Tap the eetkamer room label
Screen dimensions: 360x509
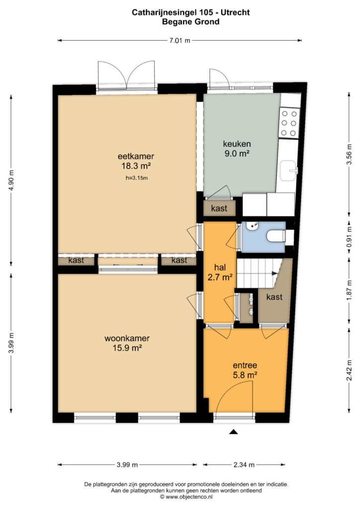tap(136, 156)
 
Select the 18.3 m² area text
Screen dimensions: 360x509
tap(136, 166)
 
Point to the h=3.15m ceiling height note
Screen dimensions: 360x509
tap(136, 178)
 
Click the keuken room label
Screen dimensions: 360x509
tap(237, 144)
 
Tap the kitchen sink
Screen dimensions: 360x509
tap(288, 170)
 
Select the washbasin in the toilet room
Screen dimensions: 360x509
tap(252, 226)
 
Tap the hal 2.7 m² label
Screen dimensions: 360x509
tap(220, 272)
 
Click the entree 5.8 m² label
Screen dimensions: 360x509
tap(245, 370)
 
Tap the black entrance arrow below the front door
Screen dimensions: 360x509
tap(233, 432)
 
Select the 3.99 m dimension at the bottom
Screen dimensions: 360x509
tap(127, 465)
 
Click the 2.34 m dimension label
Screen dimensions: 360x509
tap(244, 465)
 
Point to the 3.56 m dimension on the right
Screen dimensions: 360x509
tap(349, 154)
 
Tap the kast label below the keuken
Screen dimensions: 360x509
tap(219, 208)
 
